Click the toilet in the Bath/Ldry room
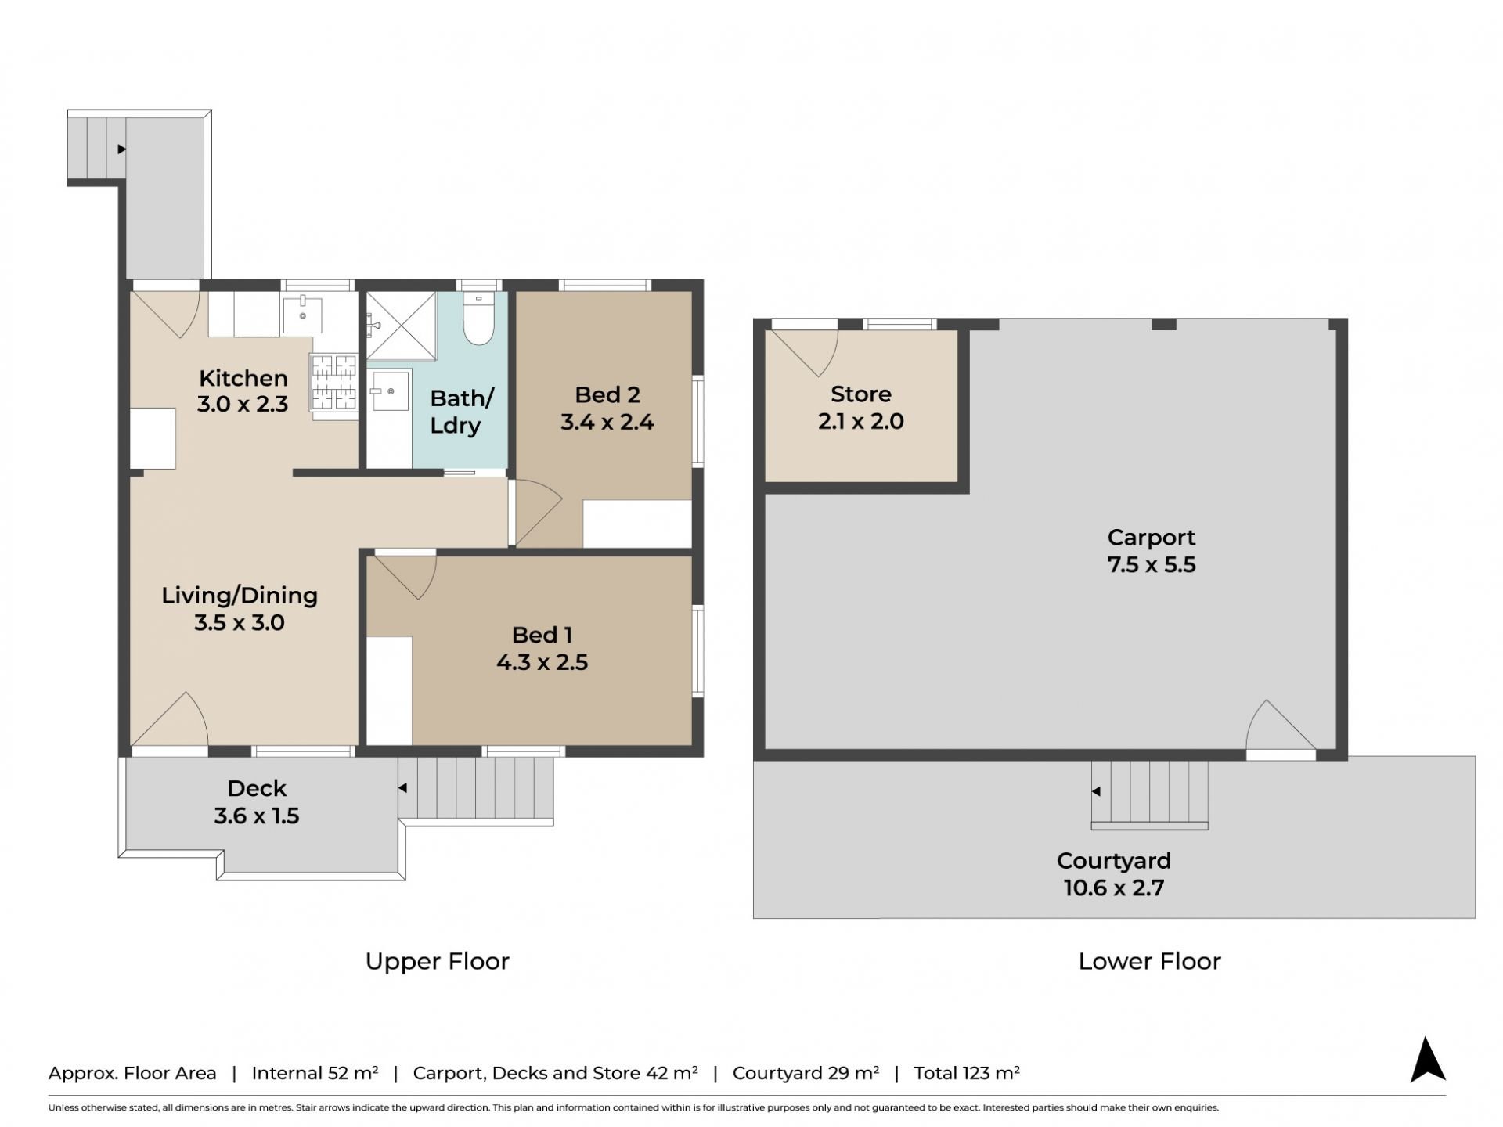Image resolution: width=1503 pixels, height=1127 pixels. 478,319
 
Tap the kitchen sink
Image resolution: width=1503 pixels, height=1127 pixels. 302,315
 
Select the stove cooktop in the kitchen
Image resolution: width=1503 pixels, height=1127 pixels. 334,383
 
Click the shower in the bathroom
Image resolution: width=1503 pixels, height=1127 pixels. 402,326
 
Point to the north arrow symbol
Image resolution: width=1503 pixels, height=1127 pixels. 1428,1060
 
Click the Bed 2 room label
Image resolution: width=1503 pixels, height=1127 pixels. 607,394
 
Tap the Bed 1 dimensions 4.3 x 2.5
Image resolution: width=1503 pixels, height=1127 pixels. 542,662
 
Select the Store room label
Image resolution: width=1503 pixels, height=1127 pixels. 860,394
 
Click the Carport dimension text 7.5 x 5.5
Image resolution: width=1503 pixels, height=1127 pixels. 1152,564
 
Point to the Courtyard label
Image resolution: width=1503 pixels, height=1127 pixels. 1114,860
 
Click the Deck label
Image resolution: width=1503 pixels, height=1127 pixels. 257,788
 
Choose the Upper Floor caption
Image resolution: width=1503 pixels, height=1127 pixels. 438,961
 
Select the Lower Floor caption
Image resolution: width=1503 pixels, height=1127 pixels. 1149,961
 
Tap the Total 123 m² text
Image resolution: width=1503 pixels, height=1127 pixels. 967,1073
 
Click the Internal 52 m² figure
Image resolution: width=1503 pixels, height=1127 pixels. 315,1073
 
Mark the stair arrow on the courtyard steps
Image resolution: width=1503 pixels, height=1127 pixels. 1096,791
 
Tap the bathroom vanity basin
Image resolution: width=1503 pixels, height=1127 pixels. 389,391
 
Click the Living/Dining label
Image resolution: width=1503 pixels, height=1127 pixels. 240,596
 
